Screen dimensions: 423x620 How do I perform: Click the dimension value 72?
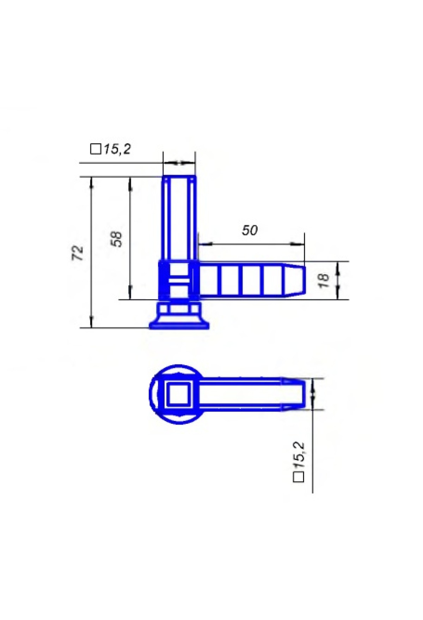coord(78,253)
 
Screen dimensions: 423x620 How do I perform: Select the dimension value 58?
coord(116,239)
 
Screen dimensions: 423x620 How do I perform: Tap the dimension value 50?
coord(250,230)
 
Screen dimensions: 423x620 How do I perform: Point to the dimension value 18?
coord(323,280)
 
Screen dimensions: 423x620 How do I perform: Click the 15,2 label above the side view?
coord(117,149)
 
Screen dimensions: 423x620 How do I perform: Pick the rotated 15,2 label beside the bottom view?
coord(299,455)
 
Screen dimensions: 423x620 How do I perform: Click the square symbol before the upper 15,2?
coord(96,149)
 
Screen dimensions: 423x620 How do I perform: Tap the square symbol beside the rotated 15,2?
coord(299,477)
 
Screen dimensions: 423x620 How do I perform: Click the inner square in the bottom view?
coord(178,394)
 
